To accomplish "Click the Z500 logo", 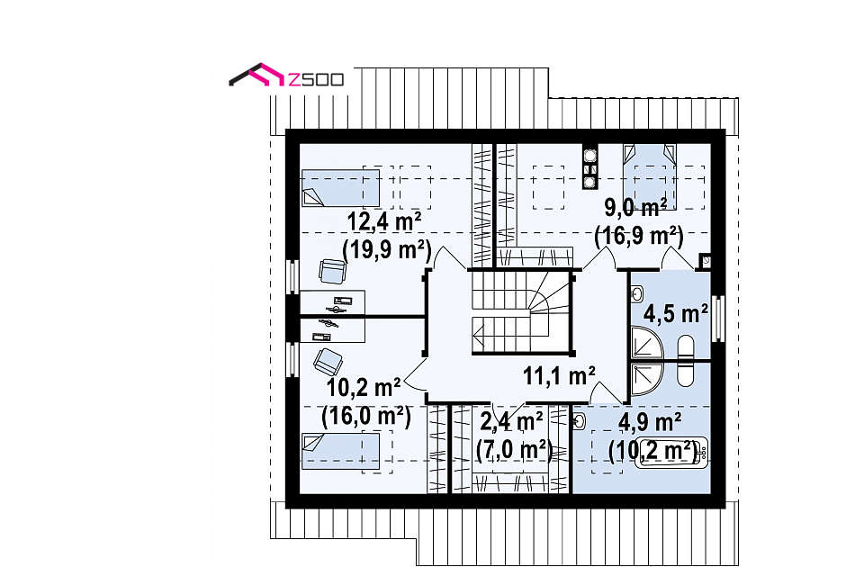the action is (x=286, y=76).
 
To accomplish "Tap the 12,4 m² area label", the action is (x=384, y=222).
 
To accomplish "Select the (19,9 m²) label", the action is (x=386, y=249).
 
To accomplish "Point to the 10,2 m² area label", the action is (x=363, y=388).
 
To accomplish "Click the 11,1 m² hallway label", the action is (x=559, y=376).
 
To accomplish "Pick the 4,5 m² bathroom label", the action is (x=676, y=314).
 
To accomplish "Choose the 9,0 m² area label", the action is (x=636, y=208).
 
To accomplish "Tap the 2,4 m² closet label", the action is (x=511, y=421).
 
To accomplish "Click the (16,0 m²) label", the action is (x=366, y=416).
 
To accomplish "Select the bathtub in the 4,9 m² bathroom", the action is (x=671, y=453).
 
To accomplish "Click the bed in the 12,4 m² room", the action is (x=340, y=188).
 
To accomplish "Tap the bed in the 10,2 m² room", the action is (x=340, y=451).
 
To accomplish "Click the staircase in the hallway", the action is (x=522, y=312).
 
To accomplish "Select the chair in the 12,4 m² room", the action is (x=332, y=271).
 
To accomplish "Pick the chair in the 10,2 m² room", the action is (x=328, y=362).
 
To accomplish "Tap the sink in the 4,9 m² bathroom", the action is (x=579, y=421).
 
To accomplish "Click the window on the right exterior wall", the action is (x=718, y=319).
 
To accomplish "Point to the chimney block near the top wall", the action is (x=589, y=167).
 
